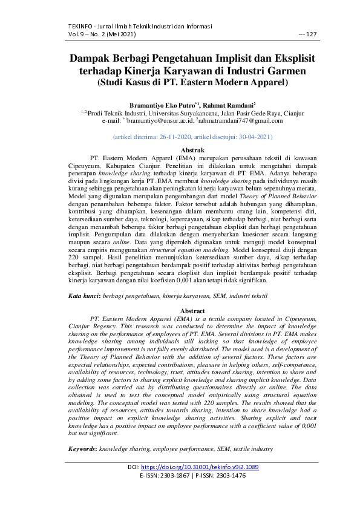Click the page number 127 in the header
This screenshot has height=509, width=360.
coord(312,34)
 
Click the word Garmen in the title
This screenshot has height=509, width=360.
coord(284,71)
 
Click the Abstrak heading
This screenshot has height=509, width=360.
coord(180,149)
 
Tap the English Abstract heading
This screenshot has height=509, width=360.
coord(180,310)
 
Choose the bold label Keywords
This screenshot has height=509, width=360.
coord(82,450)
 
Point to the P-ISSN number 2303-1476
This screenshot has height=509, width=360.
coord(226,476)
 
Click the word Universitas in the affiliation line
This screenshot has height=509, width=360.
coord(153,113)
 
